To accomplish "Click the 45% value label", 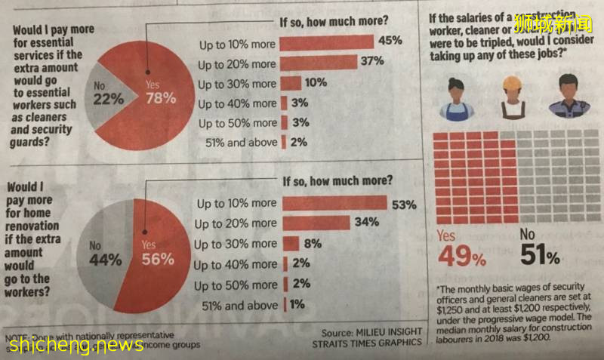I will (x=390, y=41).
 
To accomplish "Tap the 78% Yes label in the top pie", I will (x=161, y=92).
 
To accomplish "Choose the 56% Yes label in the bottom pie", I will (x=158, y=252).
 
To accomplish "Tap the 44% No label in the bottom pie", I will (x=105, y=254).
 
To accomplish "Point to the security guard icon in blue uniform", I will (x=569, y=97).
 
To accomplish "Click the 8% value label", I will (x=312, y=244).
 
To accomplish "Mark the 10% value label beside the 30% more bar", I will (x=316, y=83).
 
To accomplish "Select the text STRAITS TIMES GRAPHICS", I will (x=368, y=343).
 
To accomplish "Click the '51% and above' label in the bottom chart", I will (x=240, y=306).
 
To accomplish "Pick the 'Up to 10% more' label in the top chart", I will (x=237, y=45).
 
